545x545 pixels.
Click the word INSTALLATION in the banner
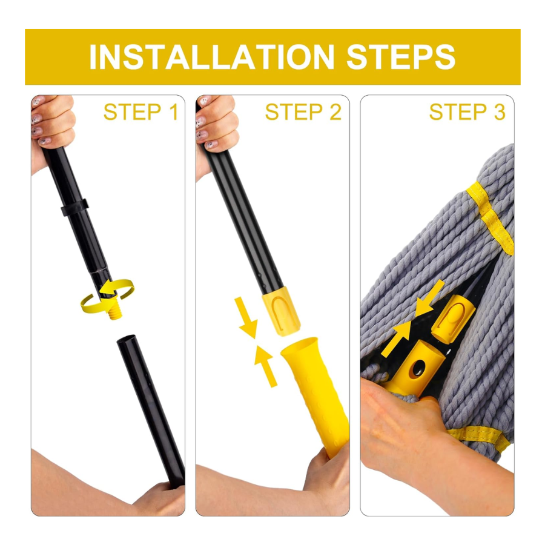coord(212,57)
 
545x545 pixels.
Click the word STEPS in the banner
coord(401,57)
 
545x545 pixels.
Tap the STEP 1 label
coord(140,112)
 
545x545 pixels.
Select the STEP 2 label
coord(303,112)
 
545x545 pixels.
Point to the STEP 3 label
coord(467,112)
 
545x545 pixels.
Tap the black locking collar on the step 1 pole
coord(74,208)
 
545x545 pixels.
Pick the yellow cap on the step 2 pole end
coord(281,311)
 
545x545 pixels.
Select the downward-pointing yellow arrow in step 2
coord(246,317)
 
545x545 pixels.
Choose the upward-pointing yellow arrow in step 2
coord(266,366)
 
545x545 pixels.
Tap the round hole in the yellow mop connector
coord(417,368)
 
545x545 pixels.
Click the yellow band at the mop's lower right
coord(480,438)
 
